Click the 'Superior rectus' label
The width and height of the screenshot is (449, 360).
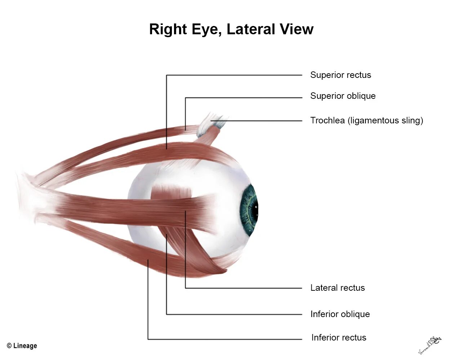341,75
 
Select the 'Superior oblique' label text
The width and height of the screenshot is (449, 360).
343,96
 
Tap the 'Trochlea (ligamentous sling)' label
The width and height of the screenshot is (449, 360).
366,120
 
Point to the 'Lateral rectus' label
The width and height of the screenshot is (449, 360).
337,288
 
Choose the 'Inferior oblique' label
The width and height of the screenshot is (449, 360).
340,314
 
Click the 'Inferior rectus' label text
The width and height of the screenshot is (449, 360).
338,338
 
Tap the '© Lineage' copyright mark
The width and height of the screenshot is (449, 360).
22,346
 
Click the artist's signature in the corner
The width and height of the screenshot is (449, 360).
430,344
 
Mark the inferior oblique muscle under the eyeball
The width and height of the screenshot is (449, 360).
191,253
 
